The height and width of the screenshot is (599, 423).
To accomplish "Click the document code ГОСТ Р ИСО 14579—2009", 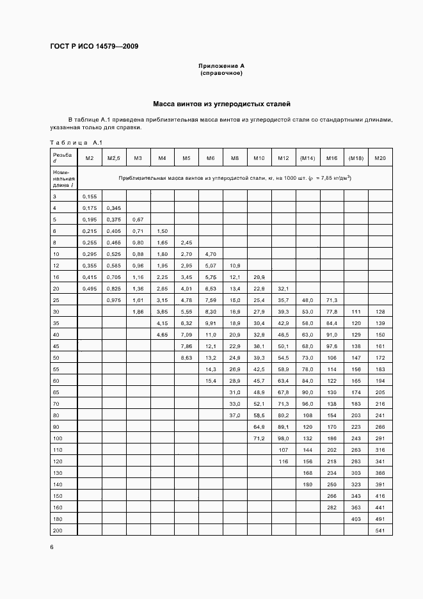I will [x=94, y=47].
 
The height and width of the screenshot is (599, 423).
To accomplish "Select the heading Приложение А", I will [x=221, y=66].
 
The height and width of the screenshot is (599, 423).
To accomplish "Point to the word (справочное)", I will [x=221, y=73].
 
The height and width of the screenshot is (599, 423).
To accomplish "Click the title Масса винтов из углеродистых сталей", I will [x=221, y=103].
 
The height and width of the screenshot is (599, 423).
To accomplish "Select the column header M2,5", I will [x=114, y=158].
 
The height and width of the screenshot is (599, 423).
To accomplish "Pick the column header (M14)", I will [x=308, y=158].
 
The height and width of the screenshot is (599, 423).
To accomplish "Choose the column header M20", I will [x=381, y=158].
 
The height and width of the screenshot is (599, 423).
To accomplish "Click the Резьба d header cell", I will [x=63, y=157].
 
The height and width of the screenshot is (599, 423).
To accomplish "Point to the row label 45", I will [x=56, y=346].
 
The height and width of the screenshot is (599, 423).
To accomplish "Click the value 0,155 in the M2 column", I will [x=90, y=196].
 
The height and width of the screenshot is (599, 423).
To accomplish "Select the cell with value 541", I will [x=381, y=531].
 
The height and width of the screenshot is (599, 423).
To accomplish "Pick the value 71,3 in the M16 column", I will [x=332, y=300].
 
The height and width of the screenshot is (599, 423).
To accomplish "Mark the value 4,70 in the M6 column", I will [x=211, y=254].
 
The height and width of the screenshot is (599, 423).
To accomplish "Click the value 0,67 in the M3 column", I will [x=138, y=220].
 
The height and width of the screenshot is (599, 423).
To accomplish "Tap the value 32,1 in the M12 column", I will [x=283, y=289].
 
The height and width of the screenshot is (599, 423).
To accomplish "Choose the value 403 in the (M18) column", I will [x=356, y=519].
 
